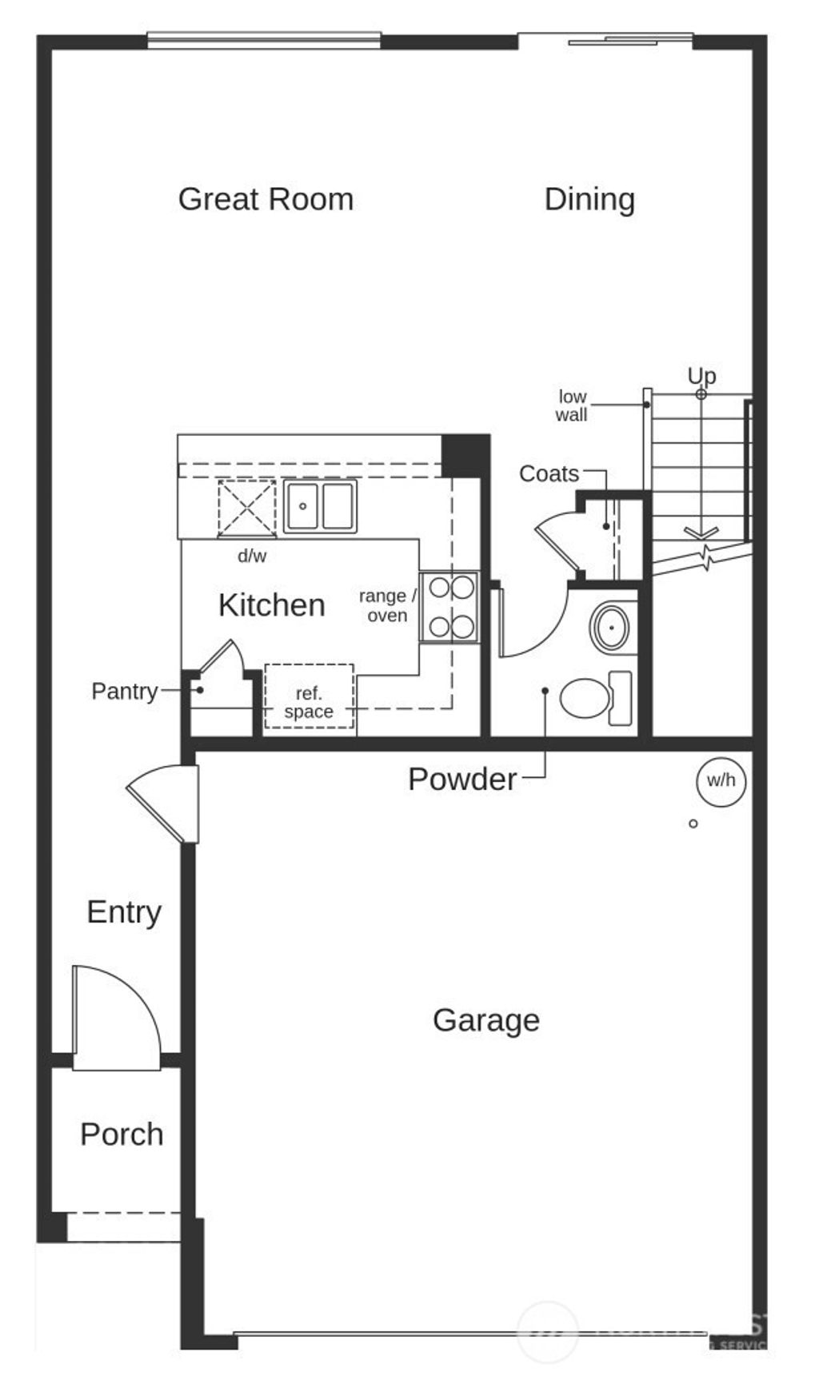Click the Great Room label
coord(266,199)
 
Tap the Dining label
coord(589,199)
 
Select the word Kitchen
coord(271,605)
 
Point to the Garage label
coord(485,1020)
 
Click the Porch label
coord(122,1135)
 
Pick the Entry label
coord(124,912)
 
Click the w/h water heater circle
coord(721,780)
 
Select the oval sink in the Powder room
coord(612,628)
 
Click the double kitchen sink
coord(320,506)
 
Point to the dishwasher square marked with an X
coord(246,509)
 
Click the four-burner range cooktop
coord(449,607)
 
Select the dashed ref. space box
coord(309,696)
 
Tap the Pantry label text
coord(124,691)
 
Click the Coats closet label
coord(549,473)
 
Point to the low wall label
coord(572,405)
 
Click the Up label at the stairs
coord(701,375)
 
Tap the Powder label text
coord(461,780)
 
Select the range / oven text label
coord(387,606)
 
